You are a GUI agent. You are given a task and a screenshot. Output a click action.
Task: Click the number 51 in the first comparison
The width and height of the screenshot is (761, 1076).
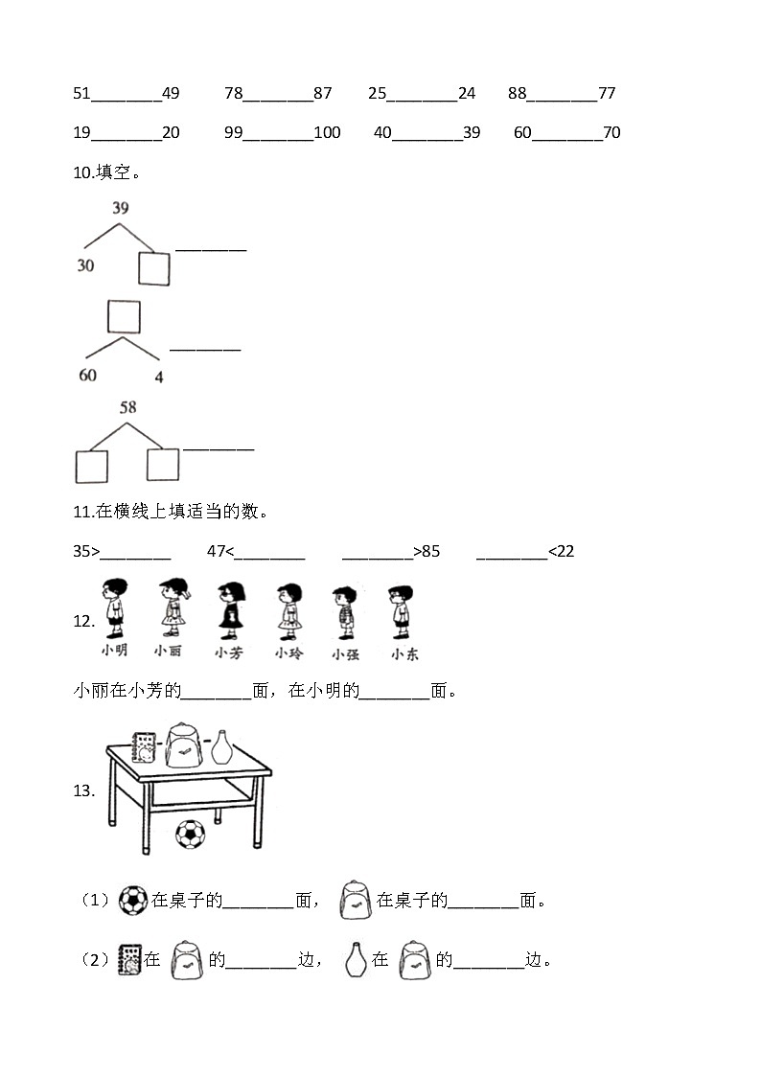[81, 93]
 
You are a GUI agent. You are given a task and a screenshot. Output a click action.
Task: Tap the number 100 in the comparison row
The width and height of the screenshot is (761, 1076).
[328, 132]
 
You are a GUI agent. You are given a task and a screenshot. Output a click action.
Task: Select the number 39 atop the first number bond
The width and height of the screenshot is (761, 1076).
[121, 208]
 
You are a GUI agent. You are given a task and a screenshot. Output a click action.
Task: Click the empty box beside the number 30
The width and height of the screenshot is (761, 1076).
[153, 268]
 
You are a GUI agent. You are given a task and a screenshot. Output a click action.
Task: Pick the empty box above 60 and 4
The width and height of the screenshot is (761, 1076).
[125, 316]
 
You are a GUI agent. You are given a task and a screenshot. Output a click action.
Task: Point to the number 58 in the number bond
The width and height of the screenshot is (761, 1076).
[128, 407]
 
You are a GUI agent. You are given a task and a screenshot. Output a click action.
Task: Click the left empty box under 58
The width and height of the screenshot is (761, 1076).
[92, 467]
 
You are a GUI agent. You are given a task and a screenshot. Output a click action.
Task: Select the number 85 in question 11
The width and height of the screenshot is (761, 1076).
[431, 551]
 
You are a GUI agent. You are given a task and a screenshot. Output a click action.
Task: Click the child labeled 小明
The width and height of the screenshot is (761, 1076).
[115, 608]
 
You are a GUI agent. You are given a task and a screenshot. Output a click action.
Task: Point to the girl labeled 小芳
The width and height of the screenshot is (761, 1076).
[231, 610]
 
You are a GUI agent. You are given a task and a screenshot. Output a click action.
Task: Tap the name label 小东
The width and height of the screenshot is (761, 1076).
[404, 654]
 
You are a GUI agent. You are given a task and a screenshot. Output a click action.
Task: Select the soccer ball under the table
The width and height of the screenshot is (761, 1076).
[190, 835]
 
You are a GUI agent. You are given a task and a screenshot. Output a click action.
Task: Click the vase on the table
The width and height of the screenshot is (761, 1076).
[221, 747]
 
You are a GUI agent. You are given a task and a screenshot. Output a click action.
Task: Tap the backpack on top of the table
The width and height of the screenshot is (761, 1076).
[184, 745]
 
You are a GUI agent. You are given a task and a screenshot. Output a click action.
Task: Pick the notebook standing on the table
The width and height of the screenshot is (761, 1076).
[144, 748]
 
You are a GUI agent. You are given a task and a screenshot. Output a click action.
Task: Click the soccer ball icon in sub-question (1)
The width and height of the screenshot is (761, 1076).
[133, 901]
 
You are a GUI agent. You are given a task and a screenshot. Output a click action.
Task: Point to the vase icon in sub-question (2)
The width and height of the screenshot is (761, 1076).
[355, 959]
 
